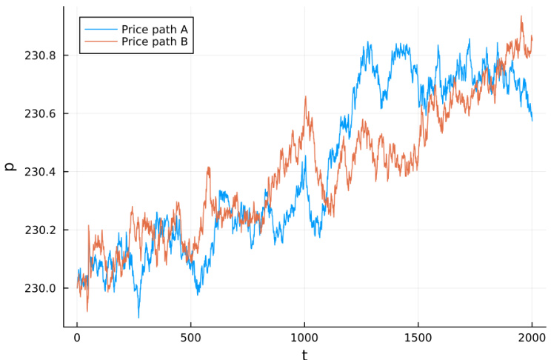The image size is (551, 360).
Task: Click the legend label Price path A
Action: coord(153,29)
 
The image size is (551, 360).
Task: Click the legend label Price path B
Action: coord(153,43)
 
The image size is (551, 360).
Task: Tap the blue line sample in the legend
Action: coord(100,29)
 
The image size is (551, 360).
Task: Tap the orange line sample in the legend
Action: coord(100,43)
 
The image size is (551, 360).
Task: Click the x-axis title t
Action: coord(304,354)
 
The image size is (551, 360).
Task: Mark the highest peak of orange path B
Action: coord(521,16)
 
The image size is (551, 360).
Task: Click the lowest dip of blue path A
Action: coord(138,318)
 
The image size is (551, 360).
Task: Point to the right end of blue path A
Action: coord(532,120)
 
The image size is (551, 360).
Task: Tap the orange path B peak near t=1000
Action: coord(305,96)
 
